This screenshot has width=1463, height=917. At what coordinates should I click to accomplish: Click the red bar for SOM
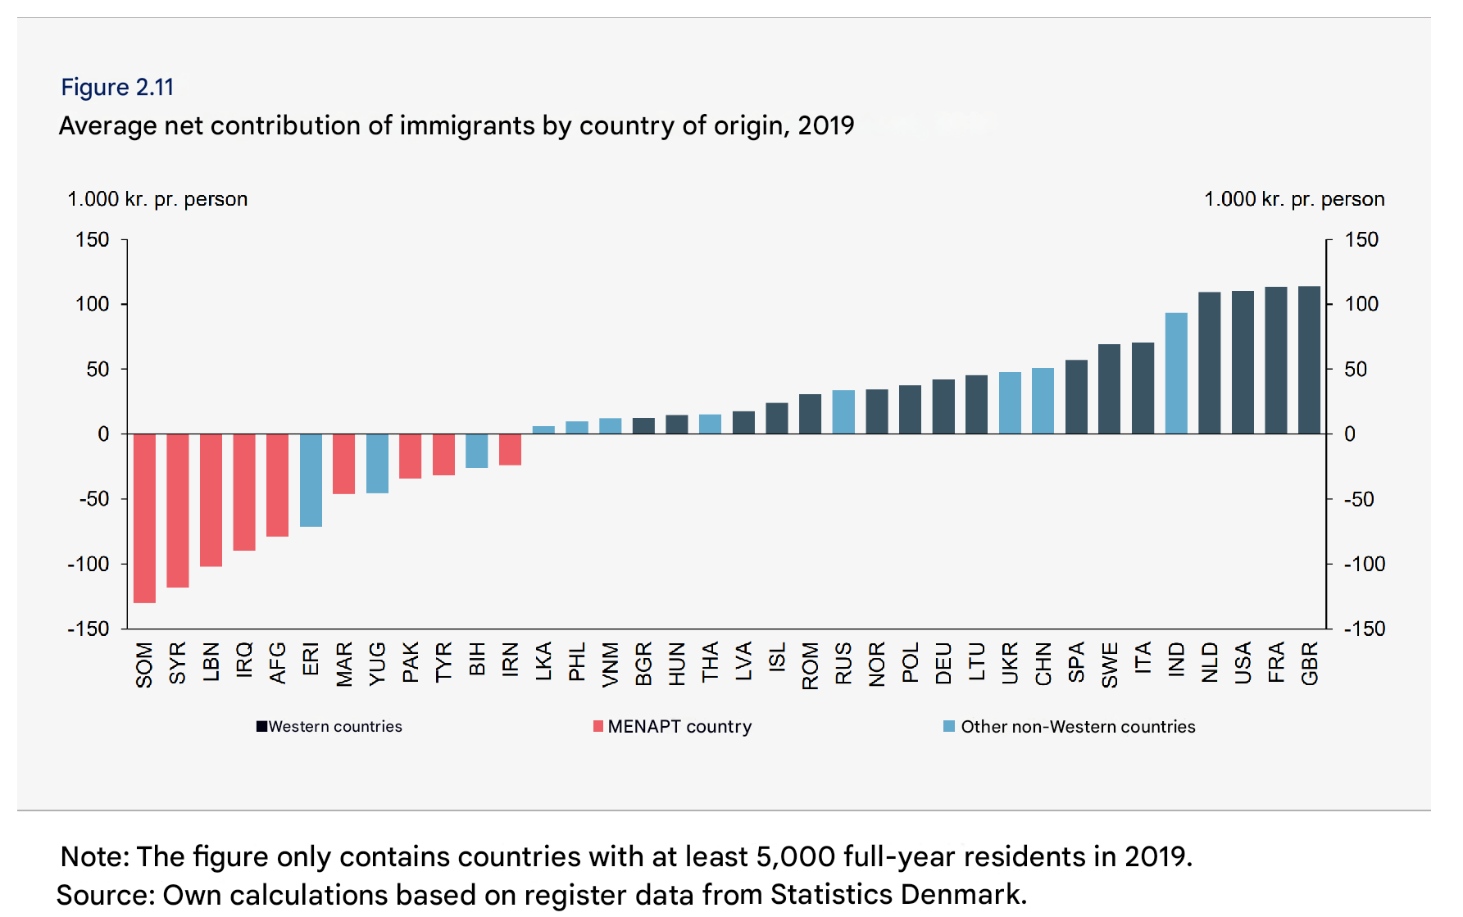coord(144,518)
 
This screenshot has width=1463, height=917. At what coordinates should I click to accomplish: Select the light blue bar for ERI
coord(311,480)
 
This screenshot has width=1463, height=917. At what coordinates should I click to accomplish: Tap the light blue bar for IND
coord(1176,373)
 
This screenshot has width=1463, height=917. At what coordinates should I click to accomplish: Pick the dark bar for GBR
coord(1309,360)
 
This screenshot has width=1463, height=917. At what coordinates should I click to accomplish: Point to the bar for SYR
coord(178,511)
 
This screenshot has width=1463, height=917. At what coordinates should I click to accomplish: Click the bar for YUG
coord(377,463)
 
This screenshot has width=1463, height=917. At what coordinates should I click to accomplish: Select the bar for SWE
coord(1109,389)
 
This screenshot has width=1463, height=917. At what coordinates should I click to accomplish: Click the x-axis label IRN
coord(510,660)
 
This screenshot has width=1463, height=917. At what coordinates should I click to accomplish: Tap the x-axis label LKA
coord(543,661)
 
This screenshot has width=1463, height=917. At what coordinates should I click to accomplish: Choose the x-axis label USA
coord(1243,663)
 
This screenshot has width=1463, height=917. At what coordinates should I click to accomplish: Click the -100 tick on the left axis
coord(88,564)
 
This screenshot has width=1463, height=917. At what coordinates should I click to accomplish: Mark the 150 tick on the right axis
coord(1361,239)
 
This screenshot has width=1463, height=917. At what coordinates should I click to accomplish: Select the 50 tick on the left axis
coord(98,369)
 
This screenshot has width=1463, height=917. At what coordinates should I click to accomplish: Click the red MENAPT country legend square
coord(598,726)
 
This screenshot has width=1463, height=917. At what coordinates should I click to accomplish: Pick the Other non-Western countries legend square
coord(949,726)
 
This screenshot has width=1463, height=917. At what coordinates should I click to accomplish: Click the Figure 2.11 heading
coord(117,87)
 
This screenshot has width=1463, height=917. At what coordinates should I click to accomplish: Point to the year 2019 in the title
coord(825,125)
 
